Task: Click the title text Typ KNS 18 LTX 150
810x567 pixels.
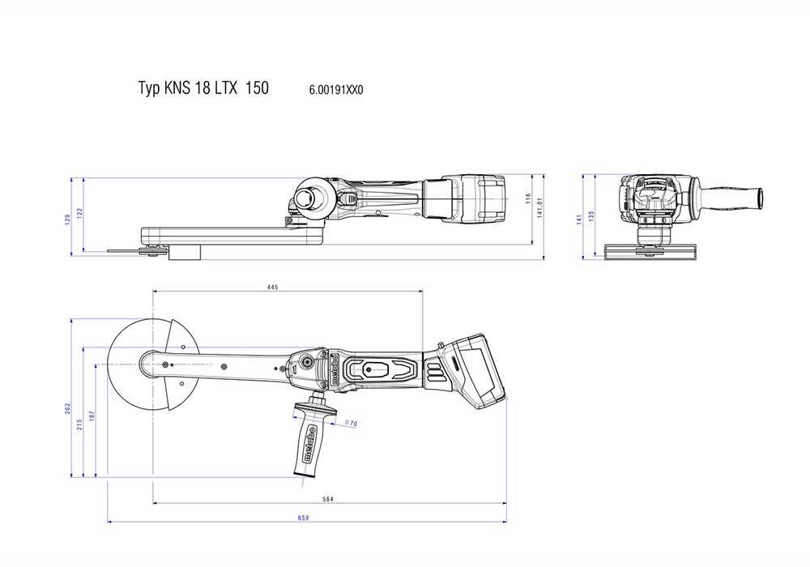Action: coord(203,88)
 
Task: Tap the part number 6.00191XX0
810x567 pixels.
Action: coord(336,90)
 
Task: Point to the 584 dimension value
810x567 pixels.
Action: coord(328,500)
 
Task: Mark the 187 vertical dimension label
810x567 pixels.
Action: coord(92,415)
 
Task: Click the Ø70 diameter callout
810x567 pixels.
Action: coord(351,422)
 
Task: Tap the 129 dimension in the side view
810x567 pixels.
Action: coord(68,218)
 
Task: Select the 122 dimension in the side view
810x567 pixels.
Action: coord(81,212)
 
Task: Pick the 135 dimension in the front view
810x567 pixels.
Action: coord(591,215)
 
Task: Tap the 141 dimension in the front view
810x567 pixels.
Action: coord(579,219)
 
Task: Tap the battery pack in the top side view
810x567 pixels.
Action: coord(480,199)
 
